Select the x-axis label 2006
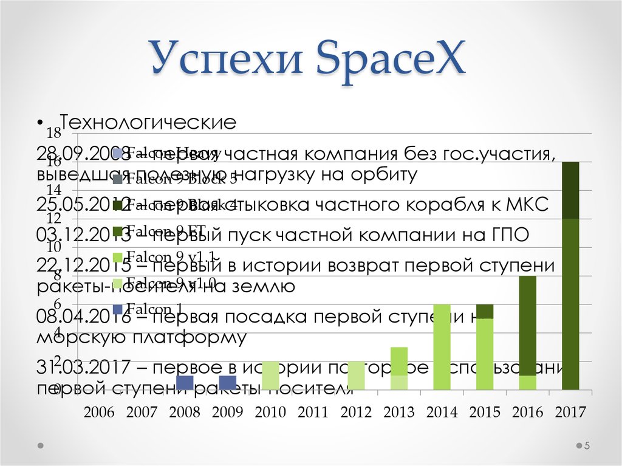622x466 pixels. click(x=99, y=413)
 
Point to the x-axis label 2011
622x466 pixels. click(x=313, y=413)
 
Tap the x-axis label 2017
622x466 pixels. click(x=570, y=413)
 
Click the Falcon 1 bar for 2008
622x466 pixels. click(x=185, y=383)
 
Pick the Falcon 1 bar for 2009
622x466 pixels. click(x=227, y=383)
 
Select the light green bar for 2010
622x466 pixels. click(x=270, y=375)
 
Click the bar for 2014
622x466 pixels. click(x=442, y=347)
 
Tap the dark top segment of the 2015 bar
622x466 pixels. click(x=485, y=311)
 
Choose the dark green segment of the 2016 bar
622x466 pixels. click(x=528, y=326)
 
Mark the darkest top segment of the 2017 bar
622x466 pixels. click(x=570, y=190)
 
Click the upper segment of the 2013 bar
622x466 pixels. click(x=398, y=361)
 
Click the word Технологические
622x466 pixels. click(x=146, y=123)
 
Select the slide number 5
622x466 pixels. click(x=587, y=447)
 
